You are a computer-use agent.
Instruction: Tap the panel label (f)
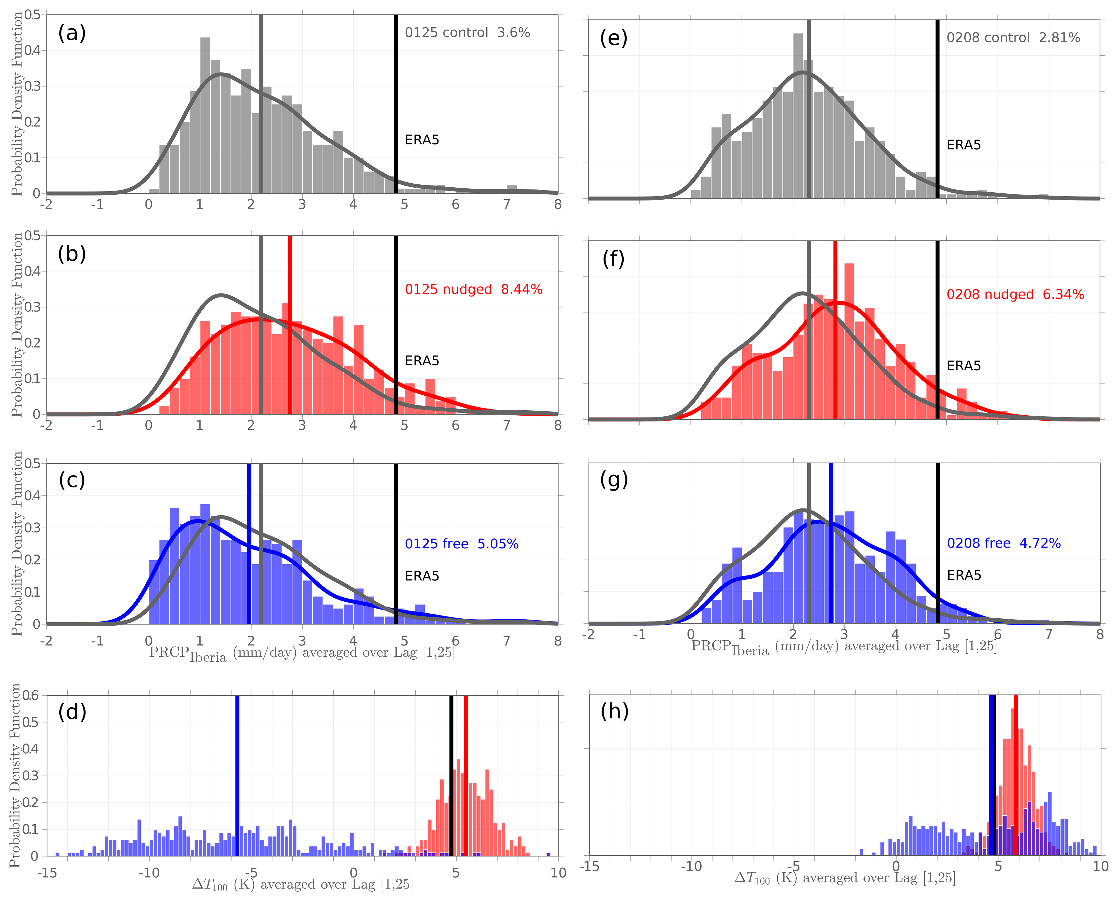614,258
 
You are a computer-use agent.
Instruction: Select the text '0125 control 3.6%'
467,33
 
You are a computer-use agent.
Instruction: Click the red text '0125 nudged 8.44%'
473,289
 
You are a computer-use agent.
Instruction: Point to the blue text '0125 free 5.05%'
461,544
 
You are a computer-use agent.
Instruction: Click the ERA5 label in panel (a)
422,140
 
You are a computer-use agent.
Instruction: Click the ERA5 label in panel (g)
964,575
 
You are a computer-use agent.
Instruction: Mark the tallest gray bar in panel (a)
205,115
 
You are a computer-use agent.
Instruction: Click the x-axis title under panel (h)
844,878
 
